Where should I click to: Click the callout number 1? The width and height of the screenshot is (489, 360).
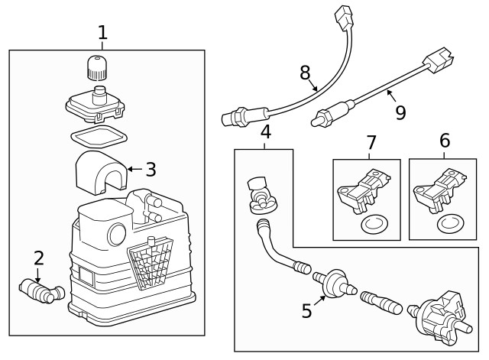[x=103, y=32]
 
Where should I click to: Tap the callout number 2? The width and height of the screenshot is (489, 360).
[x=38, y=258]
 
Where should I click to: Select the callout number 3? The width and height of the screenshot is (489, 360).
[x=151, y=170]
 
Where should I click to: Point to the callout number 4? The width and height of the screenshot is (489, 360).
[x=265, y=131]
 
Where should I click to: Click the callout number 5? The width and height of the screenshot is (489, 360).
[x=307, y=310]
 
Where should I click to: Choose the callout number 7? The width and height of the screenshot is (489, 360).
[x=371, y=141]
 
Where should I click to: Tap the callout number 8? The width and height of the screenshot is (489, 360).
[x=305, y=73]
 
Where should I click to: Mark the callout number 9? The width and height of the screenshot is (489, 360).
[x=400, y=112]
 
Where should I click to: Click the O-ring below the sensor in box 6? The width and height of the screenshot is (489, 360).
[x=449, y=225]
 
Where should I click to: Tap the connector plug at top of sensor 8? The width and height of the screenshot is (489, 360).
[x=342, y=15]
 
